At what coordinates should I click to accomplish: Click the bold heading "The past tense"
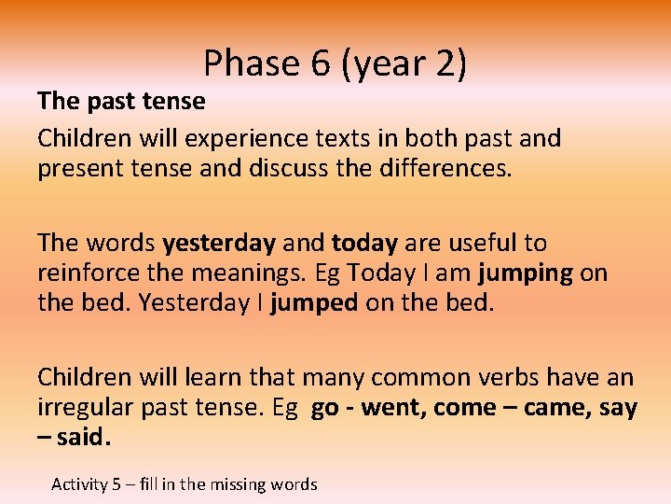(x=121, y=100)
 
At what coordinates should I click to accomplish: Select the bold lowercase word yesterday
(x=219, y=244)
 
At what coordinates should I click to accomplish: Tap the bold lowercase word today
(x=364, y=244)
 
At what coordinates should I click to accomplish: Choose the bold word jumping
(x=525, y=273)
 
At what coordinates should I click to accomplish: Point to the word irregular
(x=80, y=408)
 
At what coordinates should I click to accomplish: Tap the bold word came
(x=556, y=408)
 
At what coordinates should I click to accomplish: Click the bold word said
(x=82, y=439)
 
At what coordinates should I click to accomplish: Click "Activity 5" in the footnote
(x=86, y=483)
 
